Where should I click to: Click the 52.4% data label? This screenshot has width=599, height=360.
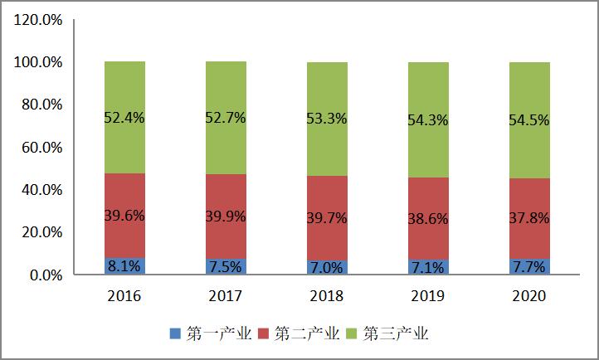(x=124, y=118)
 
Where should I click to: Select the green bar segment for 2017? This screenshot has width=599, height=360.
(x=226, y=91)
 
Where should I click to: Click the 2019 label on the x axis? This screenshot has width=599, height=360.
(x=429, y=296)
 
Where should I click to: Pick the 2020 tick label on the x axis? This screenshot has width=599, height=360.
(x=530, y=296)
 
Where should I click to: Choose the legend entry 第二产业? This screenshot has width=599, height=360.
(x=304, y=334)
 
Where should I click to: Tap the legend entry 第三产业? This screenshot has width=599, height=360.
(x=395, y=334)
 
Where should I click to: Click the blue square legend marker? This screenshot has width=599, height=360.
(x=175, y=334)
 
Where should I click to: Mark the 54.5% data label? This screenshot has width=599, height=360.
(x=530, y=119)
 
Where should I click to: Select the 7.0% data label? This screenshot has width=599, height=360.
(x=327, y=268)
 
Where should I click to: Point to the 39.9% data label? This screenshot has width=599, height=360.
(x=226, y=216)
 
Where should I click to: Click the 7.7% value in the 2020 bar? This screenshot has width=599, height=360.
(x=530, y=267)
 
